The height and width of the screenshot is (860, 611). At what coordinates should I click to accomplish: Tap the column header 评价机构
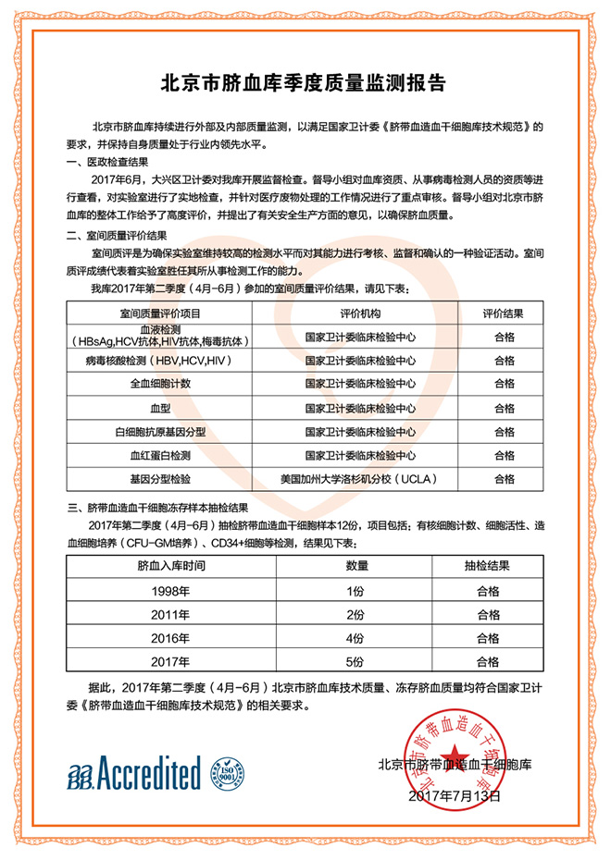pyautogui.click(x=360, y=313)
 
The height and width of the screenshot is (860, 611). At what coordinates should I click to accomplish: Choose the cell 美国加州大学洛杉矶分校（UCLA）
pyautogui.click(x=360, y=479)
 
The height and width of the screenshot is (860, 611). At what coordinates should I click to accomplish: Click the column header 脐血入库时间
pyautogui.click(x=171, y=565)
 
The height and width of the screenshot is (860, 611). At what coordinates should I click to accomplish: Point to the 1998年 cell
pyautogui.click(x=171, y=590)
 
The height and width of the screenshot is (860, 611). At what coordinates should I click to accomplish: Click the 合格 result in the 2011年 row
pyautogui.click(x=489, y=614)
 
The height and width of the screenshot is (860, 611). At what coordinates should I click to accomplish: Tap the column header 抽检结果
pyautogui.click(x=489, y=565)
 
